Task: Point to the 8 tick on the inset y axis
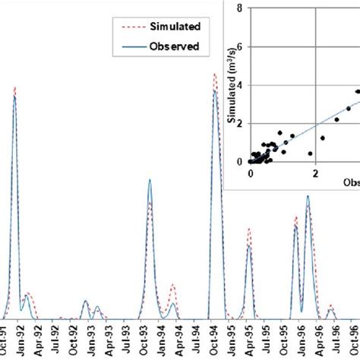(x=240, y=8)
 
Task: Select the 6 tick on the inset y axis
(x=240, y=46)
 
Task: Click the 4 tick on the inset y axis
(x=240, y=84)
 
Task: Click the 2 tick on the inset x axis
(x=315, y=173)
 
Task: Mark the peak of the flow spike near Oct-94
(x=215, y=74)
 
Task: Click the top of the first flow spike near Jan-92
(x=14, y=87)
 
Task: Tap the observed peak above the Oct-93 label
(x=150, y=180)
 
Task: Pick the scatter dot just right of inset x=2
(x=323, y=138)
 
